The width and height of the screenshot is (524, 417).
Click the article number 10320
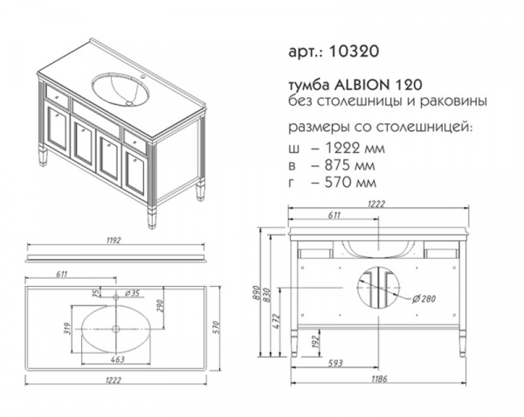pyautogui.click(x=354, y=52)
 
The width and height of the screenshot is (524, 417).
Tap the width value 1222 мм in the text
pyautogui.click(x=355, y=148)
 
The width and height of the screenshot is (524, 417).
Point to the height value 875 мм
pyautogui.click(x=349, y=165)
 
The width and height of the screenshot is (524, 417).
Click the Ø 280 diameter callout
pyautogui.click(x=424, y=299)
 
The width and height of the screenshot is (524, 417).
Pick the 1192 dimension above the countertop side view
pyautogui.click(x=114, y=240)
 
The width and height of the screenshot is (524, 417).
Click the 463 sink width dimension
pyautogui.click(x=118, y=359)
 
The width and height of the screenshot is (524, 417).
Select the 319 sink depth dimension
pyautogui.click(x=67, y=329)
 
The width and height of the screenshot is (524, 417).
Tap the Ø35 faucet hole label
pyautogui.click(x=132, y=293)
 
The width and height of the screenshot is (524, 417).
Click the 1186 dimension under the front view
pyautogui.click(x=379, y=379)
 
